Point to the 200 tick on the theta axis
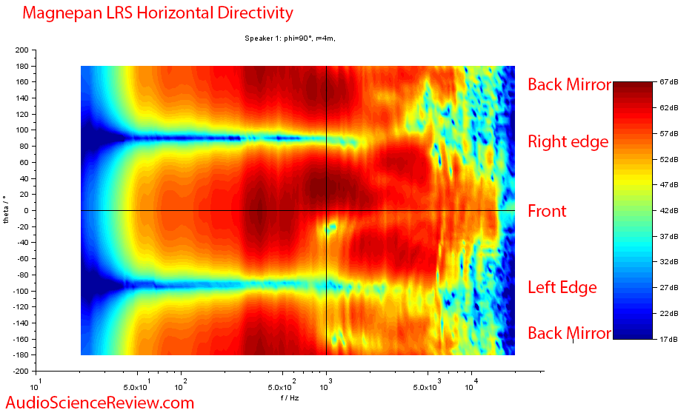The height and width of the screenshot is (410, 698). click(x=21, y=50)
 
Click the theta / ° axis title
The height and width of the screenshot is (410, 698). click(x=7, y=210)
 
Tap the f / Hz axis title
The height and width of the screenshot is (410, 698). click(x=290, y=397)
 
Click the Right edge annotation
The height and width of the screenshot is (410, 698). click(x=568, y=141)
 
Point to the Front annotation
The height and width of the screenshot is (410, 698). click(x=547, y=211)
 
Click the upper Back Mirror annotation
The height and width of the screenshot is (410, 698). click(x=569, y=84)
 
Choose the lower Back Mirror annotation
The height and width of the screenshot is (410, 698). click(x=569, y=334)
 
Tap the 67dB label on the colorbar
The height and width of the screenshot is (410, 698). click(x=669, y=82)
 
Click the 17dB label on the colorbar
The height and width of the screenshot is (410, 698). click(x=669, y=339)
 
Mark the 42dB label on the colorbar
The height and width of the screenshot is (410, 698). click(x=669, y=211)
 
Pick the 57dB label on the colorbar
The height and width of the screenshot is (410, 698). click(x=669, y=134)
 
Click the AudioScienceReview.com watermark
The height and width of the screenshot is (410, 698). click(x=99, y=402)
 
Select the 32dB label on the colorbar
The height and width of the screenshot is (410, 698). click(x=669, y=262)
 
